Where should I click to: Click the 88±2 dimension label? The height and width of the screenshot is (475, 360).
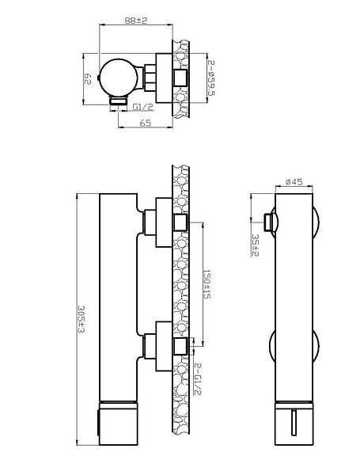pyautogui.click(x=135, y=21)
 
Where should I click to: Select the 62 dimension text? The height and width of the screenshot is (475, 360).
pyautogui.click(x=88, y=78)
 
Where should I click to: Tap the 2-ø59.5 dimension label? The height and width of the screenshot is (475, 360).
pyautogui.click(x=211, y=78)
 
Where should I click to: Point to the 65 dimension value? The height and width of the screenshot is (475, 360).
pyautogui.click(x=146, y=123)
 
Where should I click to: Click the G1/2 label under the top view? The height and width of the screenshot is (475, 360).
pyautogui.click(x=143, y=107)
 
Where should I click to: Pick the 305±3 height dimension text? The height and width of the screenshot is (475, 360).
pyautogui.click(x=81, y=319)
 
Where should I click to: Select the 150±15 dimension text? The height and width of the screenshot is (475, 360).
pyautogui.click(x=207, y=284)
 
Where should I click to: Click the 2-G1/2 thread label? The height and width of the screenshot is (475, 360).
pyautogui.click(x=197, y=379)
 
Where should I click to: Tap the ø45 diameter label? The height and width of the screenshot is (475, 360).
pyautogui.click(x=294, y=181)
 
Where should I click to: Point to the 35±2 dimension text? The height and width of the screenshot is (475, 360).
pyautogui.click(x=256, y=245)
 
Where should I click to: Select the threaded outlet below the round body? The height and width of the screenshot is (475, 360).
pyautogui.click(x=118, y=101)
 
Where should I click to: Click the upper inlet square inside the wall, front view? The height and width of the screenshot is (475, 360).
pyautogui.click(x=180, y=222)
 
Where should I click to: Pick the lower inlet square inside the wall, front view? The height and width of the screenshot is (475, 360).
pyautogui.click(x=180, y=346)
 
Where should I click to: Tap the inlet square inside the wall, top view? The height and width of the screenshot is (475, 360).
pyautogui.click(x=180, y=78)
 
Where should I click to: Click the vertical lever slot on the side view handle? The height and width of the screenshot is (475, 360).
pyautogui.click(x=294, y=421)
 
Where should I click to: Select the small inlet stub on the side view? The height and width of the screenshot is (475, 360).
pyautogui.click(x=268, y=222)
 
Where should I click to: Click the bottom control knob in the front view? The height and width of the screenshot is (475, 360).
pyautogui.click(x=119, y=424)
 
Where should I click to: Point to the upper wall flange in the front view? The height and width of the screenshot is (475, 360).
pyautogui.click(x=164, y=222)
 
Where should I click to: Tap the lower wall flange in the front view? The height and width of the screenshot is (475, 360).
pyautogui.click(x=164, y=346)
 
